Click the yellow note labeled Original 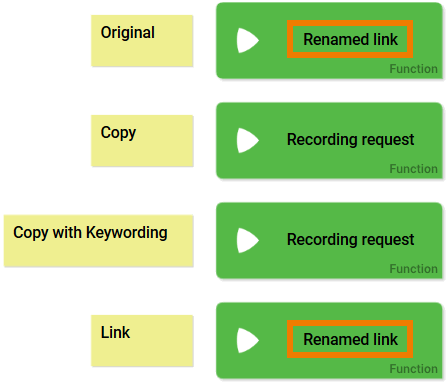pyautogui.click(x=141, y=40)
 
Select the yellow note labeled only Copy pyautogui.click(x=141, y=140)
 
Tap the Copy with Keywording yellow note pyautogui.click(x=98, y=240)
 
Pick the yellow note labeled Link pyautogui.click(x=141, y=340)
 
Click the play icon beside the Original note pyautogui.click(x=247, y=40)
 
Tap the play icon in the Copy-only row pyautogui.click(x=247, y=140)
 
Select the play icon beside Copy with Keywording pyautogui.click(x=247, y=240)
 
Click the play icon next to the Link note pyautogui.click(x=247, y=340)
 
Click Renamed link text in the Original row pyautogui.click(x=350, y=40)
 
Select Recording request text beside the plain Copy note pyautogui.click(x=350, y=140)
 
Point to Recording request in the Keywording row pyautogui.click(x=350, y=240)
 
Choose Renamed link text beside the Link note pyautogui.click(x=350, y=340)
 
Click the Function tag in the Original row pyautogui.click(x=413, y=70)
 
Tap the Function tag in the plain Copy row pyautogui.click(x=413, y=169)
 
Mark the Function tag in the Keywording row pyautogui.click(x=413, y=269)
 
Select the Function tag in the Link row pyautogui.click(x=413, y=369)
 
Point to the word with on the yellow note pyautogui.click(x=67, y=233)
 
